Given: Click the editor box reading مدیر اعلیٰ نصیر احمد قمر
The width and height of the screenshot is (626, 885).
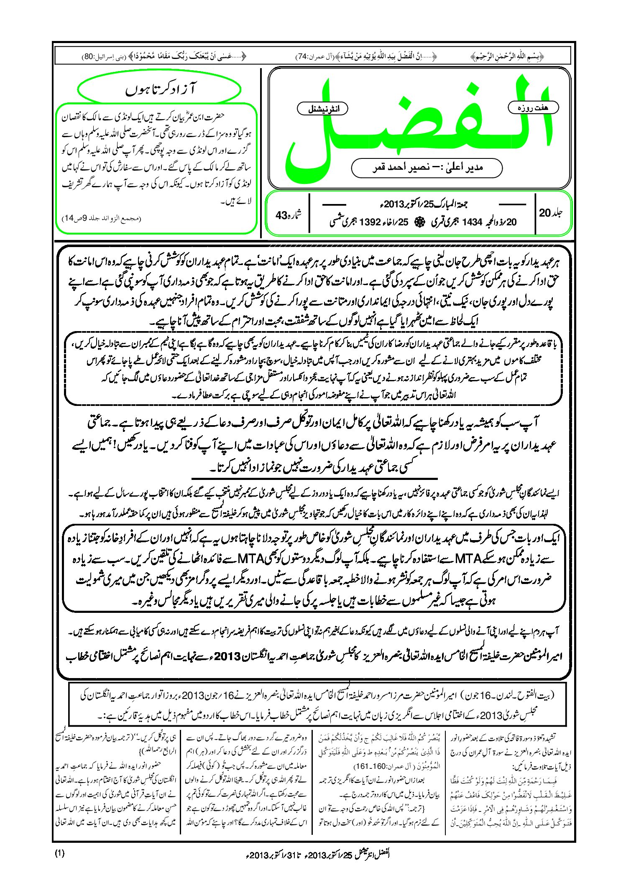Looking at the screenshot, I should (427, 168).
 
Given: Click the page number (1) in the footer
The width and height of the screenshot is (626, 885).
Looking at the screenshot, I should (59, 854).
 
